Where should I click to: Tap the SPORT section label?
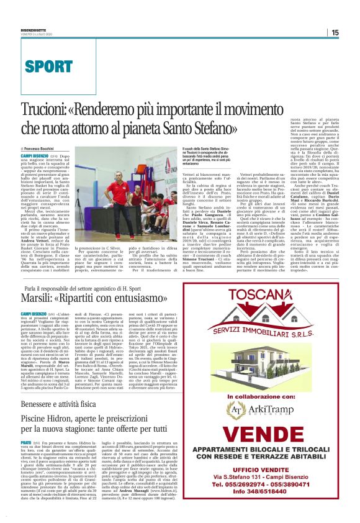(x=49, y=65)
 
